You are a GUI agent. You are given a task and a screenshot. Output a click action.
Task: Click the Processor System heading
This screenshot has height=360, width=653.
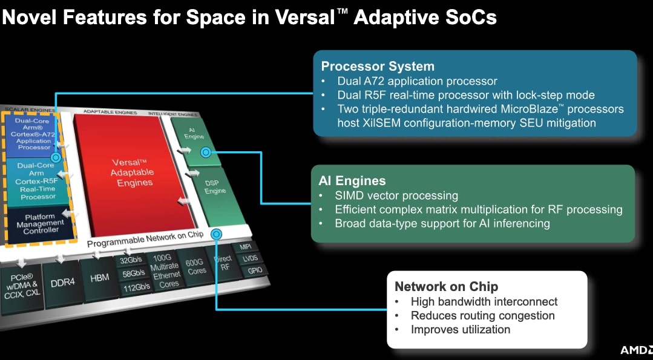point(378,67)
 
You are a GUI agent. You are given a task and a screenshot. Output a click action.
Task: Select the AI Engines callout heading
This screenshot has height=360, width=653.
point(352,181)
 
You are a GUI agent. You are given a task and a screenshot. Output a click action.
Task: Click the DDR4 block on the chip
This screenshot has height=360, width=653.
point(62,282)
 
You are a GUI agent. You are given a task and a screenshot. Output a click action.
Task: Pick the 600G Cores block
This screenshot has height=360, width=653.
point(195,267)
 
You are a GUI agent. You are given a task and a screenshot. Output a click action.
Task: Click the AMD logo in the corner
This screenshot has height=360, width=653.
point(635,350)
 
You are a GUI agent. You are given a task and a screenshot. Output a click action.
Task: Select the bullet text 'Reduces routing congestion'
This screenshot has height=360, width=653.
point(482,316)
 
